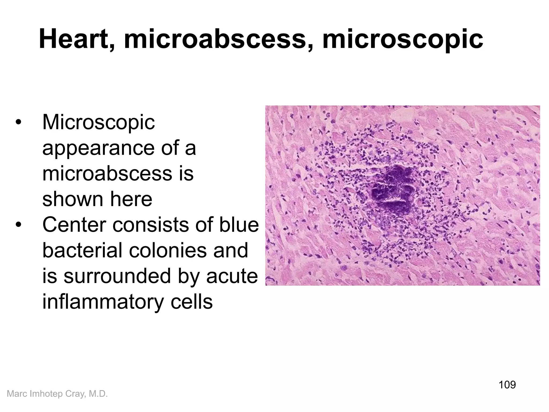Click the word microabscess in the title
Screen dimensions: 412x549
[215, 40]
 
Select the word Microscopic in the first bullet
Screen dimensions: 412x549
[98, 122]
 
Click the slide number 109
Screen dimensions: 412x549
[507, 385]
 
